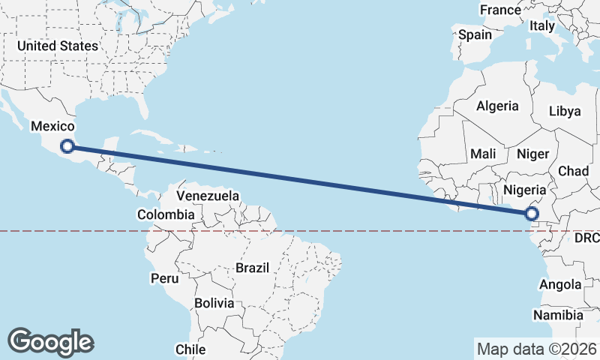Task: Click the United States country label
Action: point(57,46)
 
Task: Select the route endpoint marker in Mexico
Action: point(67,146)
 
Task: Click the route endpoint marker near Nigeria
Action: point(532,214)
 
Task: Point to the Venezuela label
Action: point(208,196)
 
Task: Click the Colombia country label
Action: point(166,214)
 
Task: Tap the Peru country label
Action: point(165,278)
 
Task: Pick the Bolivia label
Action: point(214,304)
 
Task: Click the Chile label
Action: point(190,349)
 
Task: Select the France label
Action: point(500,10)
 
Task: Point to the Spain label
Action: point(475,34)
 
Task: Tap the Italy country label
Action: point(542,25)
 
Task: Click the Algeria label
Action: point(497,106)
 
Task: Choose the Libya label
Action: point(565,111)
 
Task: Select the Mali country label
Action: point(484,154)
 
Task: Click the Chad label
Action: point(573,171)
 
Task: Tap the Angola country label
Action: point(560,285)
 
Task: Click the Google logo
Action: point(50,342)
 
